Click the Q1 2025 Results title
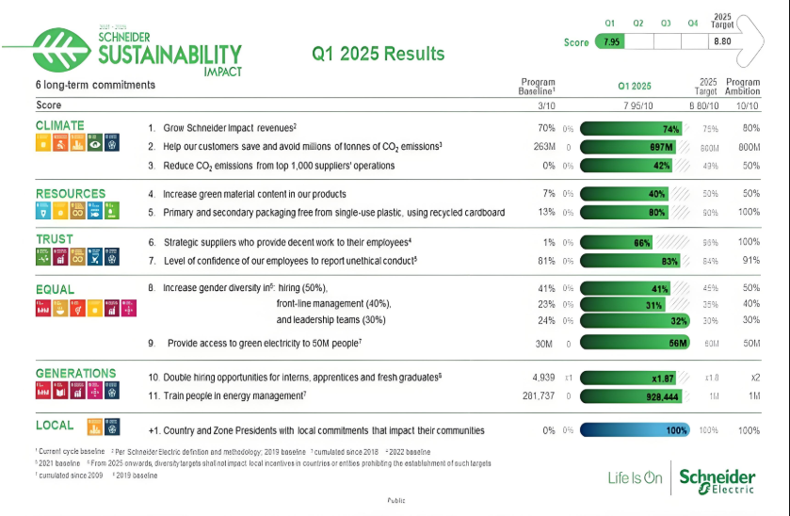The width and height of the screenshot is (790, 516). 379,54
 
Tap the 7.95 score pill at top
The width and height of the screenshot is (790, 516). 611,41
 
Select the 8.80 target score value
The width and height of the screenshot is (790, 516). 722,41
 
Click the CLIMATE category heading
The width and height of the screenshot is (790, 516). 60,125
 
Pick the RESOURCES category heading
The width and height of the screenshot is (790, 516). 71,194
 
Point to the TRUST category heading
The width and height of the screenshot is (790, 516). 56,240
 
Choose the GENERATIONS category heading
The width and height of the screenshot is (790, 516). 76,373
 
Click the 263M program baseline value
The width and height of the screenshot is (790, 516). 543,147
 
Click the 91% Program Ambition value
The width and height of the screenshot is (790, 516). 750,260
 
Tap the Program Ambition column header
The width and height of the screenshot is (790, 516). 743,87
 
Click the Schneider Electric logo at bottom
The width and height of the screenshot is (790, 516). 717,479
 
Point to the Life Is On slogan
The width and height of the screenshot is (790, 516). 636,478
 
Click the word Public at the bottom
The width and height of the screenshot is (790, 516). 396,501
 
